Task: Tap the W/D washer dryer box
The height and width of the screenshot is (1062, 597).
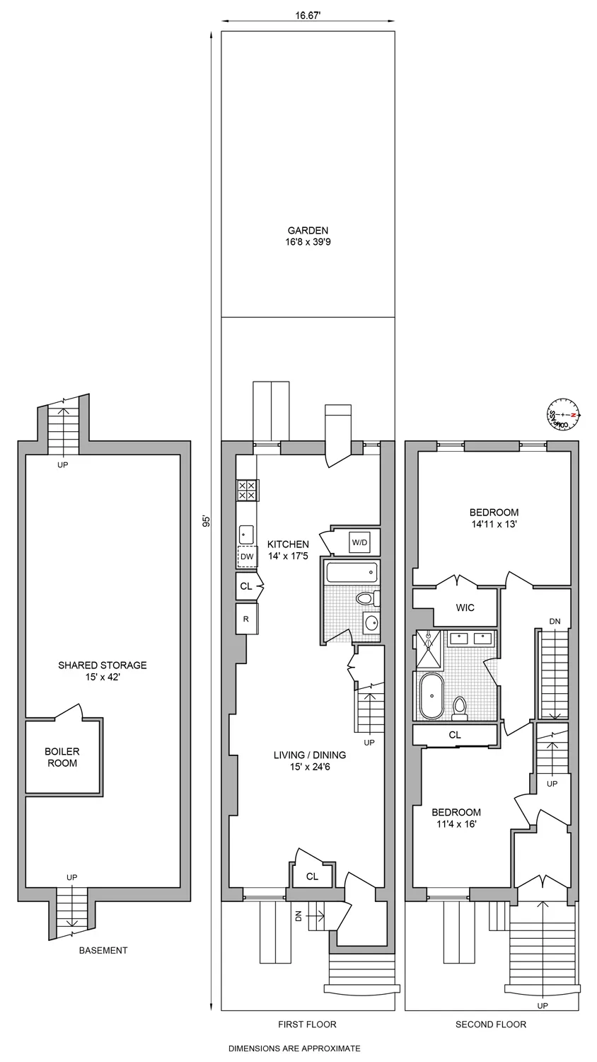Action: [360, 542]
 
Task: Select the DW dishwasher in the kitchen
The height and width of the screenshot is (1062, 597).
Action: [247, 557]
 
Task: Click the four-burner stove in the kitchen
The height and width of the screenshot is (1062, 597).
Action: [247, 490]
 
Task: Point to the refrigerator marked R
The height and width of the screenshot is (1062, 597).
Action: [246, 618]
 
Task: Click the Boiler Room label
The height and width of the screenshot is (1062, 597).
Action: [62, 757]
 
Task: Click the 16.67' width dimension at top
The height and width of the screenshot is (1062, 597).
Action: [308, 13]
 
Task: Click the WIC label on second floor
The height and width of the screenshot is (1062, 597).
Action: [465, 607]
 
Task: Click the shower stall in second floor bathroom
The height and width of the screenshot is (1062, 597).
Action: [427, 648]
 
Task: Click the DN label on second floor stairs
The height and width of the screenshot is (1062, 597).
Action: [555, 621]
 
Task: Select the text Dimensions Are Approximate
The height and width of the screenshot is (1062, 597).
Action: [294, 1049]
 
